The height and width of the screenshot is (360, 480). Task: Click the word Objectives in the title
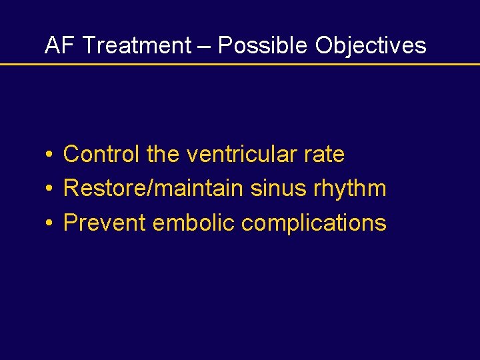[371, 45]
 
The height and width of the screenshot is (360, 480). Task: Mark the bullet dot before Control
[50, 155]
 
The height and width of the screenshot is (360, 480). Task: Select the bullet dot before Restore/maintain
[50, 189]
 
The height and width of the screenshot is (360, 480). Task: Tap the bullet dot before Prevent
[50, 223]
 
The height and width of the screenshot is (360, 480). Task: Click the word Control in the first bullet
[101, 155]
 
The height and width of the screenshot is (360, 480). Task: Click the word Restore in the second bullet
[106, 189]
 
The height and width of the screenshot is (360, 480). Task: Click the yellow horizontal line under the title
[240, 64]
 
